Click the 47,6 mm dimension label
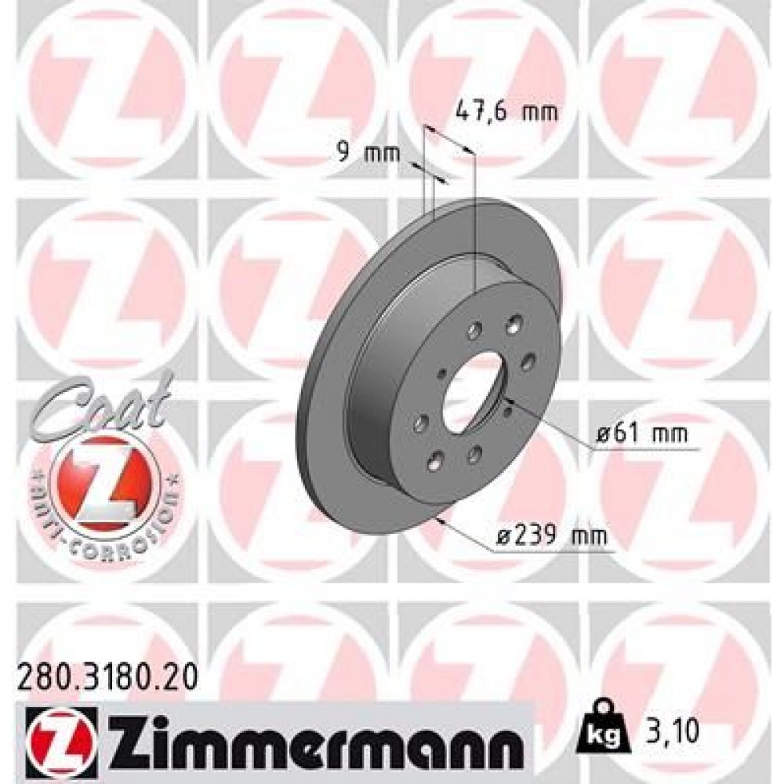[506, 113]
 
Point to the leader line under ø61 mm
[639, 449]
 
